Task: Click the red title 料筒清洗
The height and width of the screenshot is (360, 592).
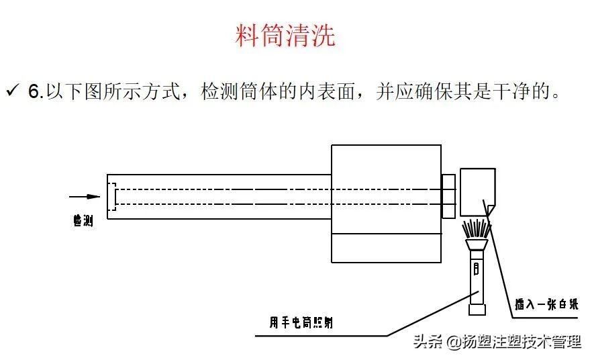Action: click(285, 36)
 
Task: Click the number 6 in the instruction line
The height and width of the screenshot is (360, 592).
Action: click(34, 92)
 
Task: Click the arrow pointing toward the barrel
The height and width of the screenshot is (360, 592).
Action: click(84, 197)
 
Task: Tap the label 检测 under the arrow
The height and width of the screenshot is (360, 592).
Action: click(83, 220)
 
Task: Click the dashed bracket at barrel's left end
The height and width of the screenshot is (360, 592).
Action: click(113, 197)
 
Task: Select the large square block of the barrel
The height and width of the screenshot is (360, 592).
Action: click(386, 204)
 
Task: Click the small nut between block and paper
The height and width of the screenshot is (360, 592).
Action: click(448, 196)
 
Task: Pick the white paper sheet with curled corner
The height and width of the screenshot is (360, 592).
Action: click(477, 189)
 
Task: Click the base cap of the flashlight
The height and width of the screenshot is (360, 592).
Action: click(477, 310)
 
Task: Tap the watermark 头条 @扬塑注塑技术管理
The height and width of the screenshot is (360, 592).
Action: click(497, 343)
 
